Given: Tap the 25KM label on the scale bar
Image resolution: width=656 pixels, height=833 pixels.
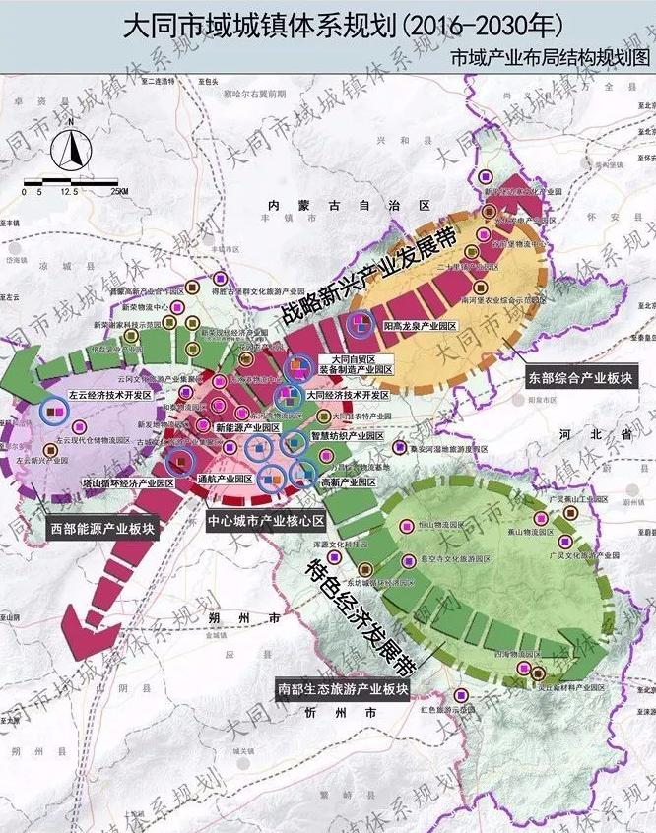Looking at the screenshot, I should click(119, 191).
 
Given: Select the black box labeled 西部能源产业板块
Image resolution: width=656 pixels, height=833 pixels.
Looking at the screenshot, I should click(103, 528).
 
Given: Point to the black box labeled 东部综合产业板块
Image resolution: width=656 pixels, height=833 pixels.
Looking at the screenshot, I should click(577, 377).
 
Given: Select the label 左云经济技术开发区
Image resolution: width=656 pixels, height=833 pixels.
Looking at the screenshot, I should click(109, 394).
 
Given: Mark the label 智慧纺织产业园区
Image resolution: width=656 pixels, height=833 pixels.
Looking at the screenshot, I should click(347, 435).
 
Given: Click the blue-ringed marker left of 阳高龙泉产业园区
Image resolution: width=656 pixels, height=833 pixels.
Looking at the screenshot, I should click(361, 324).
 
